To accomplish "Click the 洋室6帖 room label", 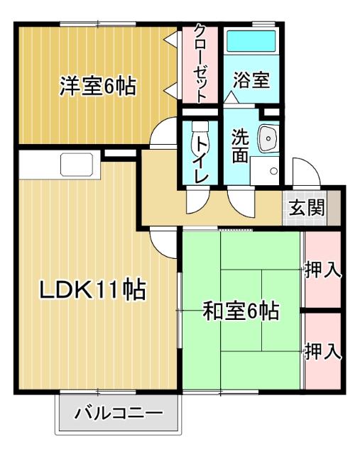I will (97, 87).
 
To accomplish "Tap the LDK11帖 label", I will (92, 289).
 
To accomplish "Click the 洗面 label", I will (239, 145).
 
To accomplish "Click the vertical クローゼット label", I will (201, 65).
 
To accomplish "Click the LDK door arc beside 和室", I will (168, 245).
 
